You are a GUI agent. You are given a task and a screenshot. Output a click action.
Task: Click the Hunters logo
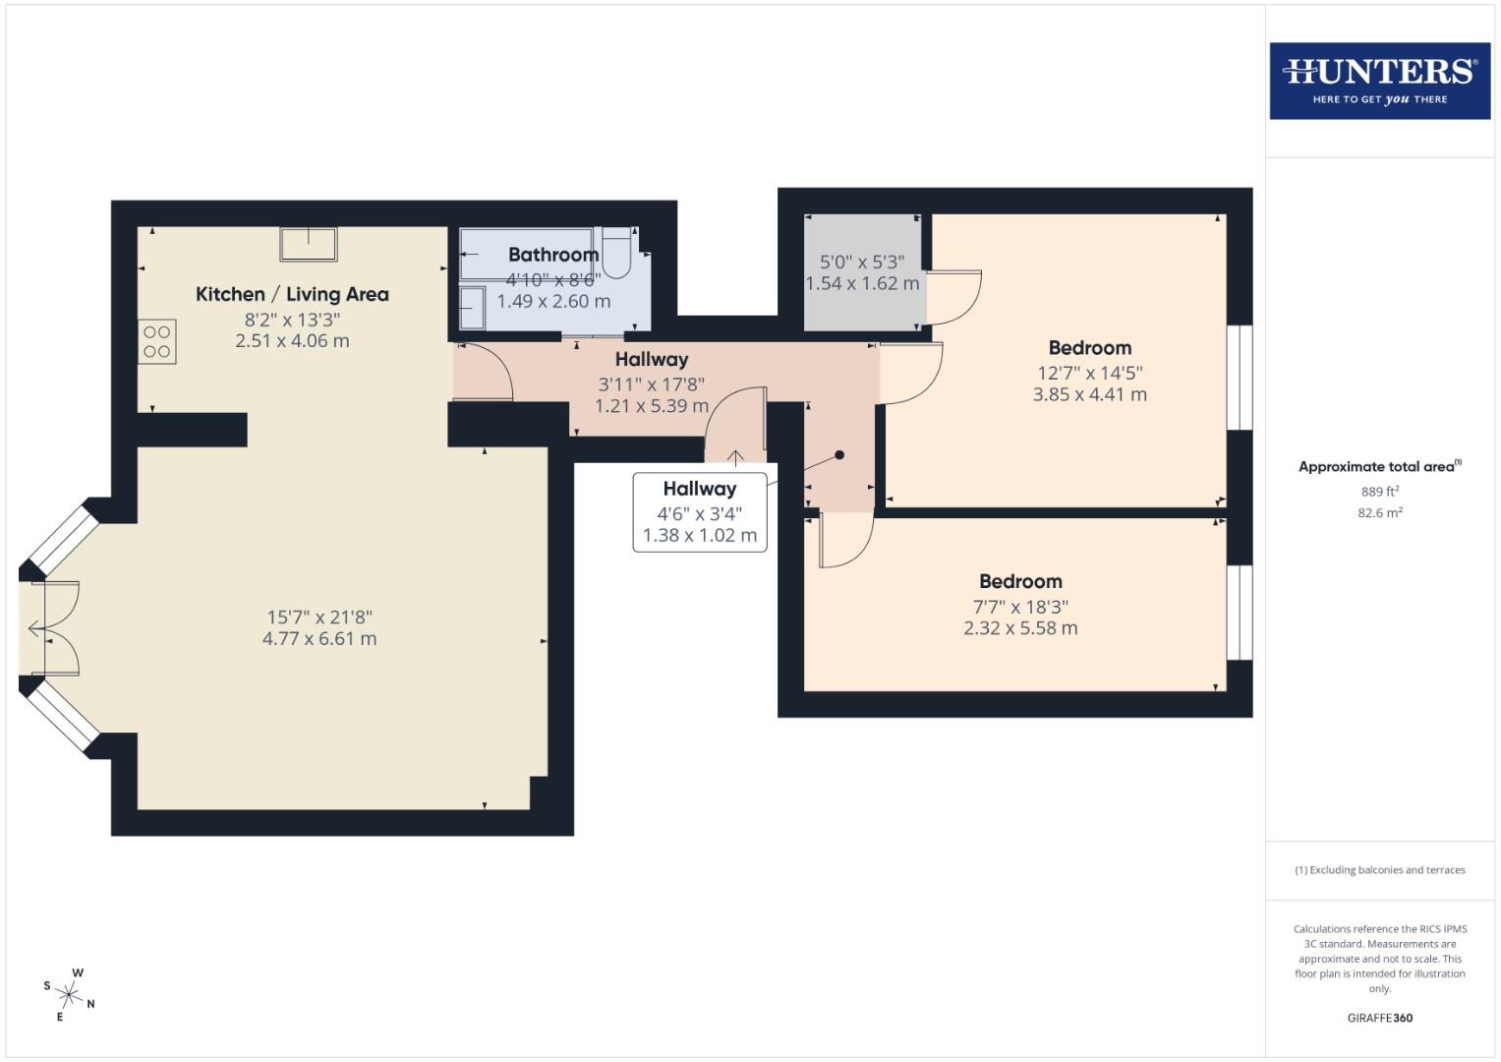coord(1379,81)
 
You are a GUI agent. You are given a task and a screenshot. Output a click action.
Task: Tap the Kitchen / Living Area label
coord(292,294)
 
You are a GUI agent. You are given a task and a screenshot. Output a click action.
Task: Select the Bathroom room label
coord(552,255)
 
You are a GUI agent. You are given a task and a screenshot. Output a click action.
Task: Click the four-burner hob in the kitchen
coord(157,342)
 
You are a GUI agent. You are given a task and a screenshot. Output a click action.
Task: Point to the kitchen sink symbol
coord(309,244)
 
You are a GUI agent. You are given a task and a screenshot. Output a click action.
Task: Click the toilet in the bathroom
coord(616,254)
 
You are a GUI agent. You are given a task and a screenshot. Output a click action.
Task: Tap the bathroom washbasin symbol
coord(472,308)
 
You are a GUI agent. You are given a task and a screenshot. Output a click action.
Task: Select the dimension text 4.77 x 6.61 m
coord(319,638)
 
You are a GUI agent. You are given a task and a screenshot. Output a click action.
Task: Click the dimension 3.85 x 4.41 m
coord(1089,394)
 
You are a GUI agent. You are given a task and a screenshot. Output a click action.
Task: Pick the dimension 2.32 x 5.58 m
coord(1020,628)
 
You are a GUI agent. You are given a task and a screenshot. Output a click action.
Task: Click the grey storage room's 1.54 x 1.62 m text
coord(862,283)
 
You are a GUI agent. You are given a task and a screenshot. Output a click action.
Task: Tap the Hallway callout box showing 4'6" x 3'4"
coord(699,511)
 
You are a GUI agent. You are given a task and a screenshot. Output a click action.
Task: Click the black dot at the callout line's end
coord(839,455)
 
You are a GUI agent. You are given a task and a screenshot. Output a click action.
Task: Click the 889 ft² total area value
coord(1379,492)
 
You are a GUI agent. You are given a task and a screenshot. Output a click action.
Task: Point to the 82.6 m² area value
coord(1379,512)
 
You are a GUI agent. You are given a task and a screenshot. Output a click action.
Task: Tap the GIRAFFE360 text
coord(1379,1018)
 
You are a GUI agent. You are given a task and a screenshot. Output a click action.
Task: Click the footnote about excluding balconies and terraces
coord(1379,870)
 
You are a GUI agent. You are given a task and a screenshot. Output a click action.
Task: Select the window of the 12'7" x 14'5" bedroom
coord(1240,378)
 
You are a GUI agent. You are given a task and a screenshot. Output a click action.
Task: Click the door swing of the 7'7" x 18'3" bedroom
coord(846,543)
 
